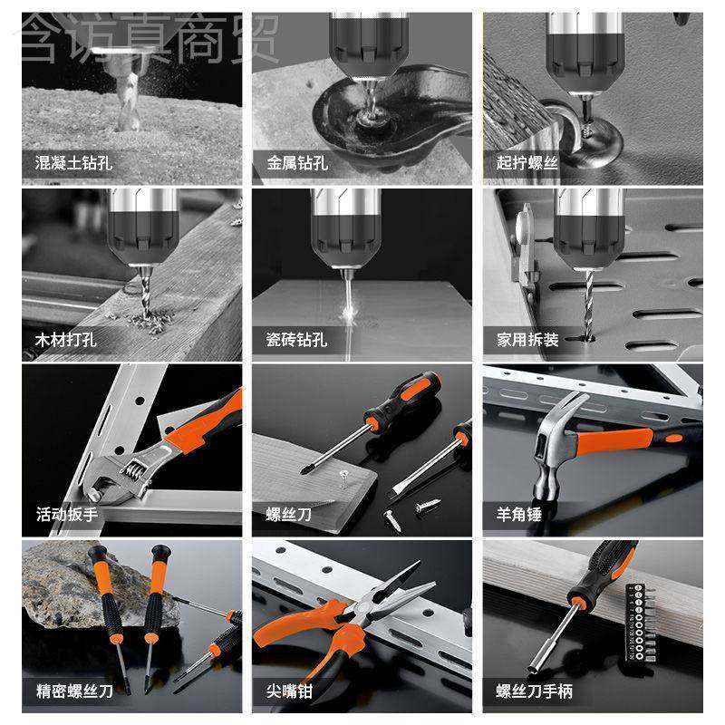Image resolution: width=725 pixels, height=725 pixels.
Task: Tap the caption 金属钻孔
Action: (x=297, y=165)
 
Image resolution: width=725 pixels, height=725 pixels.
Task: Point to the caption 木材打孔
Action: (x=66, y=341)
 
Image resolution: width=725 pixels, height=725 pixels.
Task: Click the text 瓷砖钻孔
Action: (x=297, y=341)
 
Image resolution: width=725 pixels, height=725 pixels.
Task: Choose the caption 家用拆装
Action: (x=527, y=341)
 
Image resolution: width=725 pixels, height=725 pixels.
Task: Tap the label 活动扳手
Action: (x=66, y=515)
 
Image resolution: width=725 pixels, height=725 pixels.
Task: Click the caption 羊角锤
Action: (x=519, y=515)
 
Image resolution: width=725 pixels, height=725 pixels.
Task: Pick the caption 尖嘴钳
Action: (x=289, y=692)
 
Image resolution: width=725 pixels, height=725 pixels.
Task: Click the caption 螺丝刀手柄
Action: (x=534, y=692)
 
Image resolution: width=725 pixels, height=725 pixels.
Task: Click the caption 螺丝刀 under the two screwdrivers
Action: (x=289, y=515)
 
